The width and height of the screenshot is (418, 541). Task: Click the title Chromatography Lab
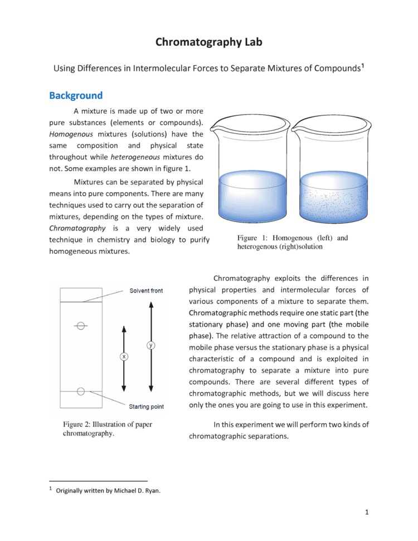pyautogui.click(x=208, y=42)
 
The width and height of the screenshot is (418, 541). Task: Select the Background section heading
pyautogui.click(x=76, y=95)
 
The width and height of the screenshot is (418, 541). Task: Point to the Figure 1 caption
pyautogui.click(x=292, y=242)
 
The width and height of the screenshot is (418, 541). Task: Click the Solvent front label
pyautogui.click(x=146, y=291)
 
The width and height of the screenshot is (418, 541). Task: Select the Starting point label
pyautogui.click(x=146, y=407)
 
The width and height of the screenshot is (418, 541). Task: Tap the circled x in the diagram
pyautogui.click(x=124, y=356)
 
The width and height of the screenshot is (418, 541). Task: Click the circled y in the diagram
pyautogui.click(x=150, y=345)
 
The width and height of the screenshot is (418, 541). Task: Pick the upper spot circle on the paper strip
pyautogui.click(x=81, y=325)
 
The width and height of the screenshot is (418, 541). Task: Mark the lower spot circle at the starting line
pyautogui.click(x=81, y=392)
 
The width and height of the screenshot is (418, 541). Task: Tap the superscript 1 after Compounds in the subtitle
pyautogui.click(x=363, y=66)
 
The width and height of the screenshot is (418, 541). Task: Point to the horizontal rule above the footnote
pyautogui.click(x=98, y=480)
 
